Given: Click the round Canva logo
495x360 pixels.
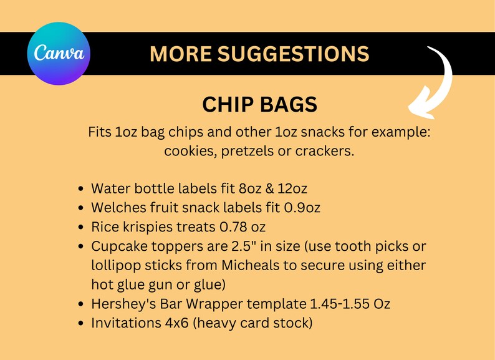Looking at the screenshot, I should (59, 54).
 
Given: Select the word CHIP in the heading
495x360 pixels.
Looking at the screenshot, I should (226, 104).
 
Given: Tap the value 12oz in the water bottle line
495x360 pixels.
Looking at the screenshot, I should (291, 188).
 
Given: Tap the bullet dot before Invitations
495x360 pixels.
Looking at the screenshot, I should (82, 324).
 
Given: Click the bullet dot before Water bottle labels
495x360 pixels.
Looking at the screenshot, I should (82, 188).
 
